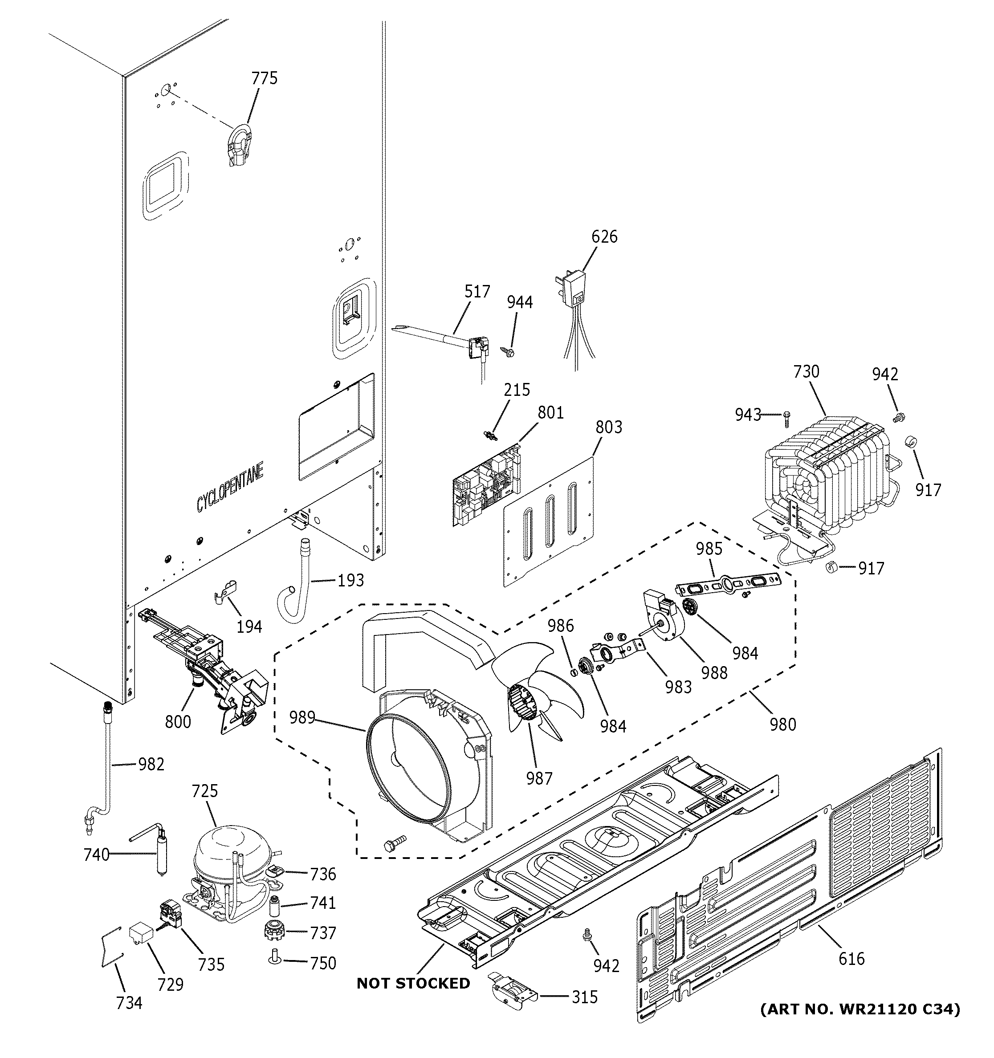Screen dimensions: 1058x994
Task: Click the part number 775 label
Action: click(265, 78)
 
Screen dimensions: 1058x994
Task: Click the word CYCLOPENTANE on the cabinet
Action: click(230, 488)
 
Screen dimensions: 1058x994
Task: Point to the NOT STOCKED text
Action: click(413, 984)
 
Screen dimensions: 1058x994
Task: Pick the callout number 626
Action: click(604, 236)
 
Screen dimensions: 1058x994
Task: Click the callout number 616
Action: click(851, 959)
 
